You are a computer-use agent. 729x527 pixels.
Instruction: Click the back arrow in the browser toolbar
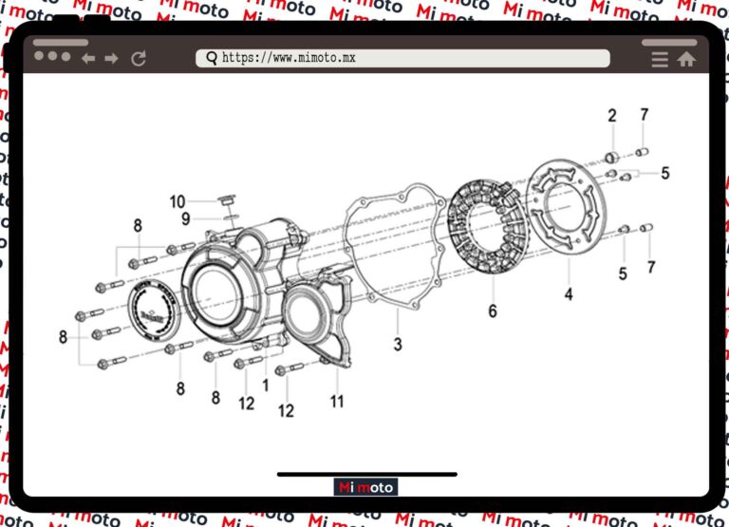click(x=88, y=59)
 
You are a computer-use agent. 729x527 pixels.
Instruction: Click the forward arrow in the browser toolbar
click(x=112, y=59)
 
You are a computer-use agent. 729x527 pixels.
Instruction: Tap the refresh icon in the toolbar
click(x=139, y=59)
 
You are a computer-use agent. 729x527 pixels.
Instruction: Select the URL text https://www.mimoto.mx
click(x=289, y=58)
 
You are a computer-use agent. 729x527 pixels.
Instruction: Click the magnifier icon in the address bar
click(x=211, y=58)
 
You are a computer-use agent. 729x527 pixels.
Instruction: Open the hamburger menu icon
click(x=660, y=59)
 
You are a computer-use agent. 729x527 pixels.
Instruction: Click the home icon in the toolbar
click(x=686, y=59)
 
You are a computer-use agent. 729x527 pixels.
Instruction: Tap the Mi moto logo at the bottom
click(x=365, y=487)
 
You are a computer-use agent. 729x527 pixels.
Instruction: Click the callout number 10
click(x=178, y=201)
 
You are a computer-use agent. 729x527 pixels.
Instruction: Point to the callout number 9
click(x=186, y=218)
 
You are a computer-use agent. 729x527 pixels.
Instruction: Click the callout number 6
click(x=493, y=311)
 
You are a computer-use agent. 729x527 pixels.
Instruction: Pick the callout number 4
click(x=569, y=294)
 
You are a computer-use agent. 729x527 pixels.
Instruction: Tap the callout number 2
click(x=612, y=116)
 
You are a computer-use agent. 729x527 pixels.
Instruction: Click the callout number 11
click(x=337, y=401)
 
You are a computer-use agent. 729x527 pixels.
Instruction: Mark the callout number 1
click(x=266, y=386)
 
